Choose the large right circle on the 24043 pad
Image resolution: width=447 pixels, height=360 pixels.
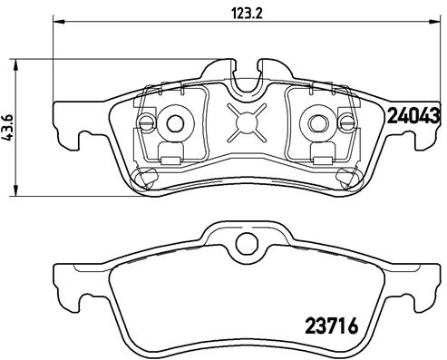(x=318, y=122)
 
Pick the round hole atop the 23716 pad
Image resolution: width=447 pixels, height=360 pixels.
(x=242, y=243)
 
